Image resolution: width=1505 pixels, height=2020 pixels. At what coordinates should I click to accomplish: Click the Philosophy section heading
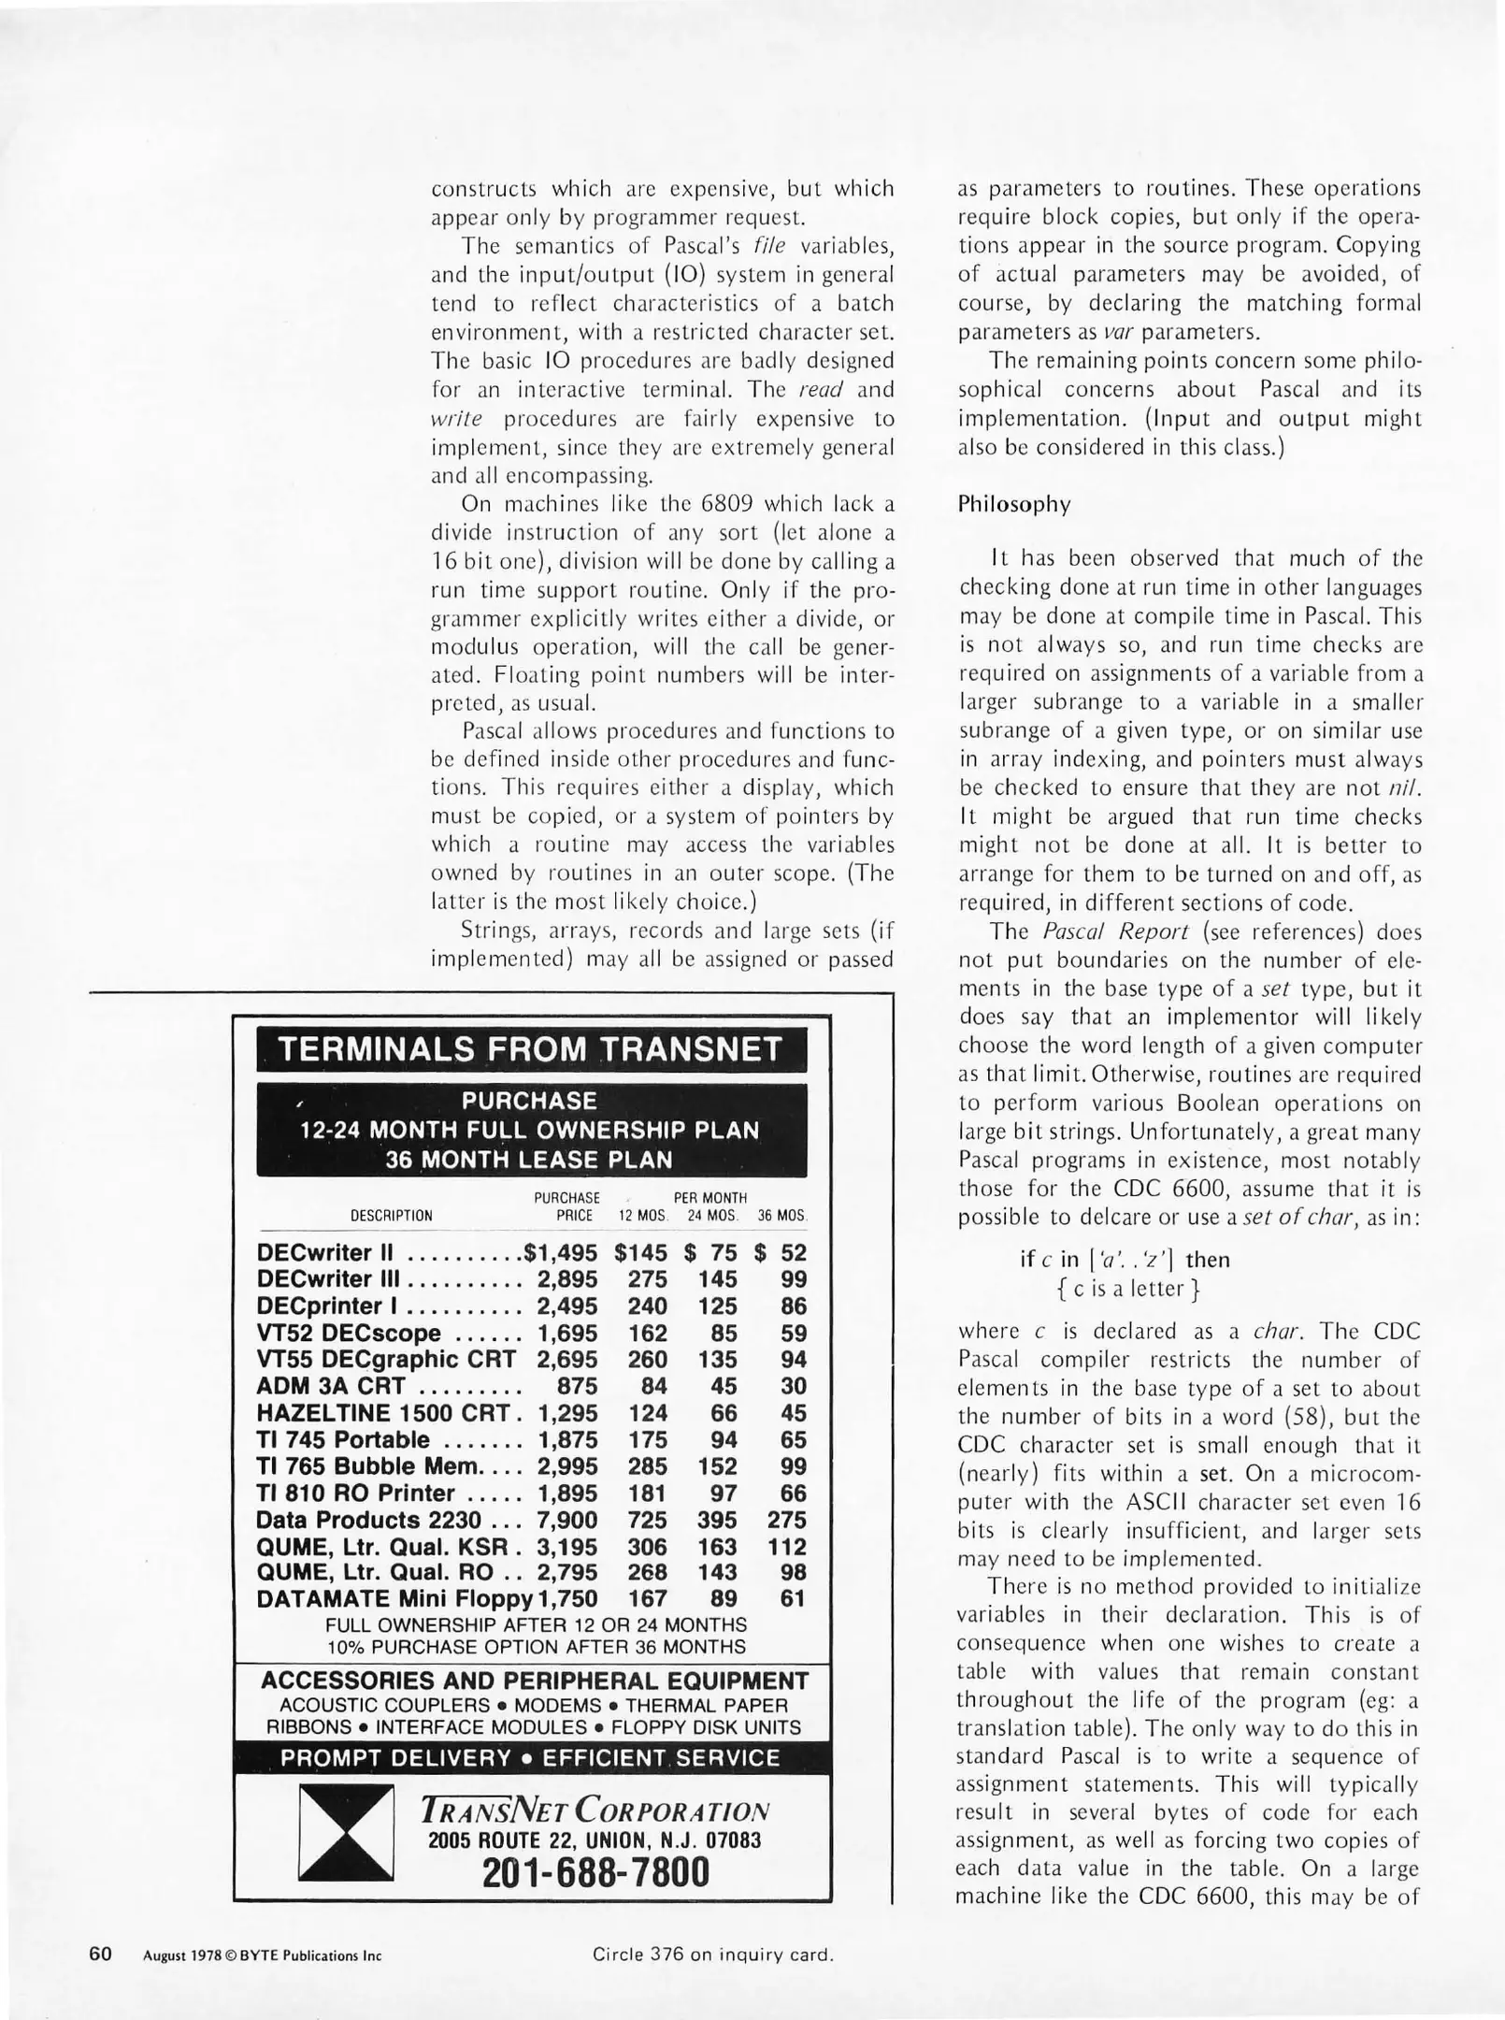click(1014, 504)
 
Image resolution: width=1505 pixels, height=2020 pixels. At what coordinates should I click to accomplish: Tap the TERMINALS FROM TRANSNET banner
click(530, 1049)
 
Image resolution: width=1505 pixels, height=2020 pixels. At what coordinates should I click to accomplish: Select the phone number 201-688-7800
click(595, 1872)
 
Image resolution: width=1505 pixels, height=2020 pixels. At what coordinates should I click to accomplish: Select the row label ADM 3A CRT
click(331, 1386)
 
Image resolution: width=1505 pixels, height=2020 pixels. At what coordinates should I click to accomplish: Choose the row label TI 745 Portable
click(343, 1439)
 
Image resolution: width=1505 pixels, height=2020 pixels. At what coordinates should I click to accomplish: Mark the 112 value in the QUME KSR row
click(786, 1547)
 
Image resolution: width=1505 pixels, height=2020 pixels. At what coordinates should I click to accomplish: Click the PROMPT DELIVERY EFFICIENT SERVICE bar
click(530, 1757)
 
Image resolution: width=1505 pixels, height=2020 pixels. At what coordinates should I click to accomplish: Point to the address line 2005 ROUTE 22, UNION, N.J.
click(595, 1840)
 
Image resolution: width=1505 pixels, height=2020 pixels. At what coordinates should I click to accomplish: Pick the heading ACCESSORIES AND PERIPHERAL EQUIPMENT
click(534, 1681)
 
